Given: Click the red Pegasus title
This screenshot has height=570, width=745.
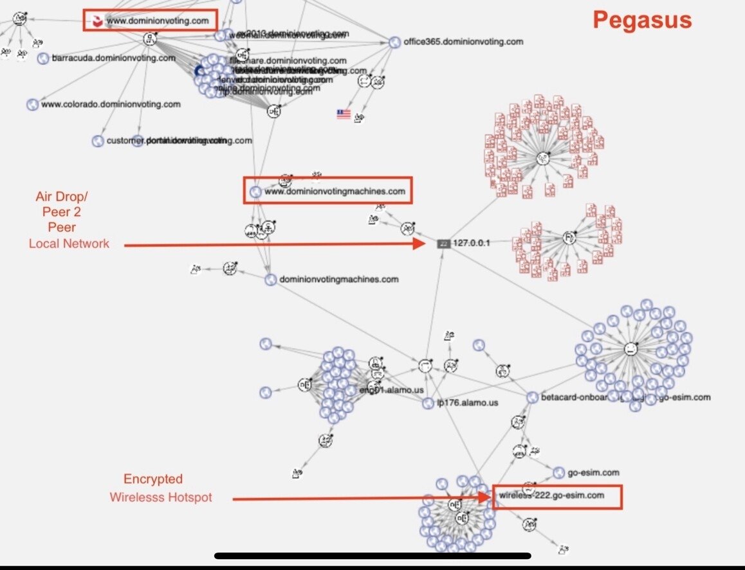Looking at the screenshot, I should (x=642, y=20).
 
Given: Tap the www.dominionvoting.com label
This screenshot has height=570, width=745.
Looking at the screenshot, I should (x=158, y=21).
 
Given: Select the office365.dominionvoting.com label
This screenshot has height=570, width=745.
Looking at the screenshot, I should (x=463, y=42).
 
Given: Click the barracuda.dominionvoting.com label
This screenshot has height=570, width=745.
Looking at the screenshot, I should (x=114, y=58).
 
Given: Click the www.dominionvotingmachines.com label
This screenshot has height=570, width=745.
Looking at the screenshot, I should (x=335, y=191).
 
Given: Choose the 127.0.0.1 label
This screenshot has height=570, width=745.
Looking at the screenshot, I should (x=472, y=244).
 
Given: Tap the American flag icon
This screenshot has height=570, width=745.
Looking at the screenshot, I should (x=344, y=114).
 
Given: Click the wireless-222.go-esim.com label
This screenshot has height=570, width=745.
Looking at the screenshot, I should (x=552, y=495).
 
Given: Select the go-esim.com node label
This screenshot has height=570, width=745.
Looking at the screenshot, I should (x=593, y=472).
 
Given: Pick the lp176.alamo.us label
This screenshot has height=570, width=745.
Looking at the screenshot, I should (x=468, y=403).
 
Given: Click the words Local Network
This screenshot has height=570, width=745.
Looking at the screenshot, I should (x=69, y=244).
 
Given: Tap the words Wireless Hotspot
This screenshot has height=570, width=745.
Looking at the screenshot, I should (x=160, y=497).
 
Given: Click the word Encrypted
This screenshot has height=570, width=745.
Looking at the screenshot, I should (x=153, y=479).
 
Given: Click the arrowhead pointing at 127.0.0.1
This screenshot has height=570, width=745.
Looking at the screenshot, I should (x=420, y=244).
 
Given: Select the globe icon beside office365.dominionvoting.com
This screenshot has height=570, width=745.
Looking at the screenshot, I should (x=394, y=42).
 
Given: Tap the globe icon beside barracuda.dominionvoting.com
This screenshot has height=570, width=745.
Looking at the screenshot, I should (x=43, y=58).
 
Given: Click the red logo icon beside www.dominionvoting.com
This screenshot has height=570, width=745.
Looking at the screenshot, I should (x=96, y=21).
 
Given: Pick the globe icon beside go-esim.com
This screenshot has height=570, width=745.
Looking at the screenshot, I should (x=558, y=473).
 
